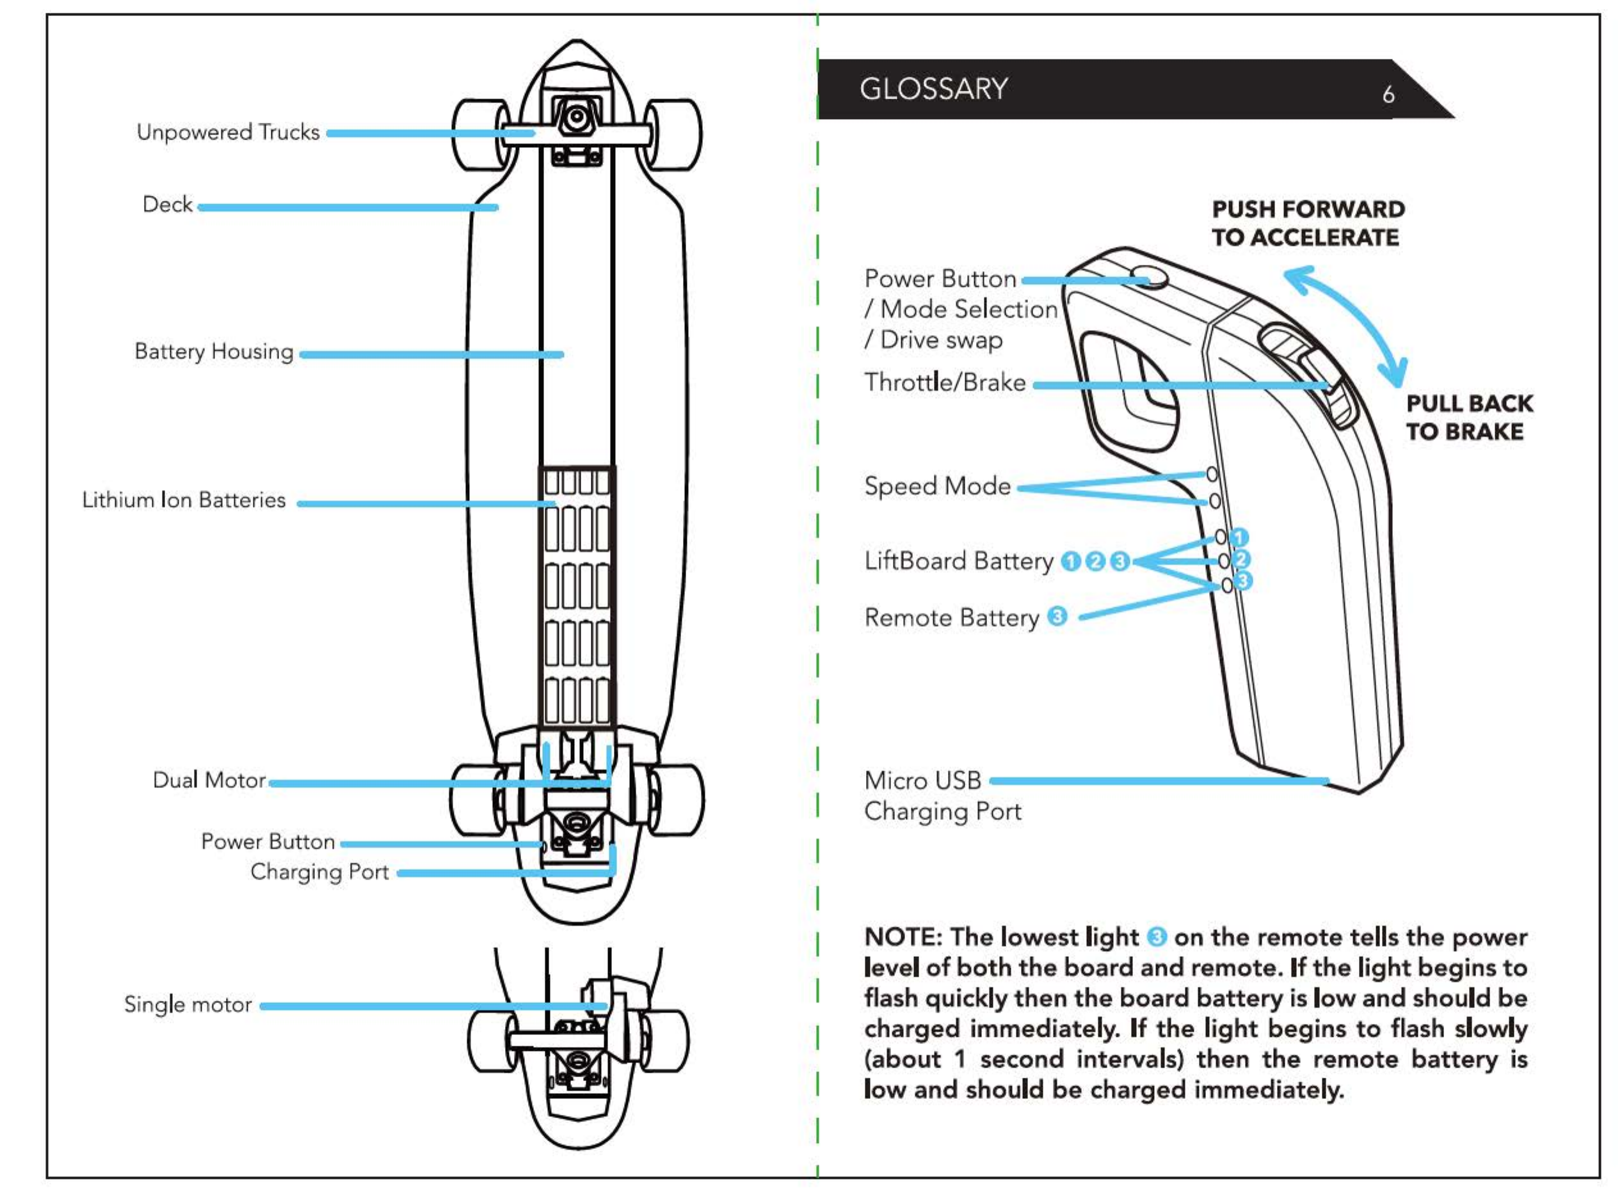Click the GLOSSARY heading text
[933, 89]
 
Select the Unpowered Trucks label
[228, 132]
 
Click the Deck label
[168, 204]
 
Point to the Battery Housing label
[214, 352]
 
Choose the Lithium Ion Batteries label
[184, 500]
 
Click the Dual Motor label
[209, 780]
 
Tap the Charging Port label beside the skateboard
[320, 872]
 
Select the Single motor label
[188, 1005]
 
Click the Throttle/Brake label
[945, 382]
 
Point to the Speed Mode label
[938, 486]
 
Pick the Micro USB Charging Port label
[942, 795]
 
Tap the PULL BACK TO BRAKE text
[1468, 417]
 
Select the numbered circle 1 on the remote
[1240, 537]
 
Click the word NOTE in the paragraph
[902, 937]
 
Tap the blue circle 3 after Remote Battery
[1058, 617]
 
